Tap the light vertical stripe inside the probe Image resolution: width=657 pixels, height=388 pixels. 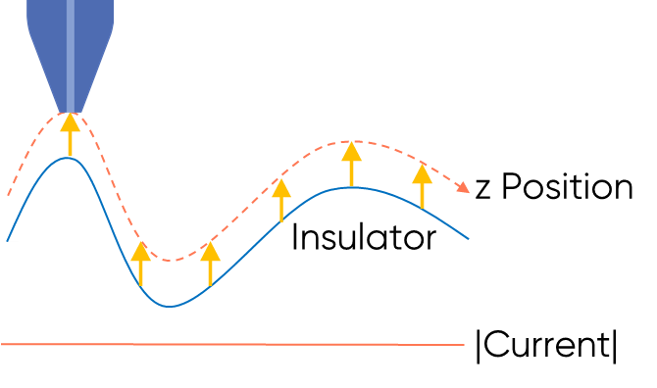[x=70, y=49]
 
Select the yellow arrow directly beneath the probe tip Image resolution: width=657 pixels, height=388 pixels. [x=70, y=135]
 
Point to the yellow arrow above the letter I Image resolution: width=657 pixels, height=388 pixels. [x=281, y=200]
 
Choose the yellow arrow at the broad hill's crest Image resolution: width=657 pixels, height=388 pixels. [x=351, y=164]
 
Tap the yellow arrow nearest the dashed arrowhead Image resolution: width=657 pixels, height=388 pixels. [x=422, y=185]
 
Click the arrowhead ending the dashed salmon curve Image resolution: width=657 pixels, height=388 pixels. [x=465, y=188]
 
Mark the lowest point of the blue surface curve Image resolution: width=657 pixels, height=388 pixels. [x=170, y=306]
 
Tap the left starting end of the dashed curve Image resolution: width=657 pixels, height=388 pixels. [x=8, y=195]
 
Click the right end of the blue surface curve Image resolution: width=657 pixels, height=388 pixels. [x=469, y=239]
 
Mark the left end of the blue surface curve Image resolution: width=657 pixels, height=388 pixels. [x=8, y=240]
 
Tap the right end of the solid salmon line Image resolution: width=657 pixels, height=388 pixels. [x=464, y=344]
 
